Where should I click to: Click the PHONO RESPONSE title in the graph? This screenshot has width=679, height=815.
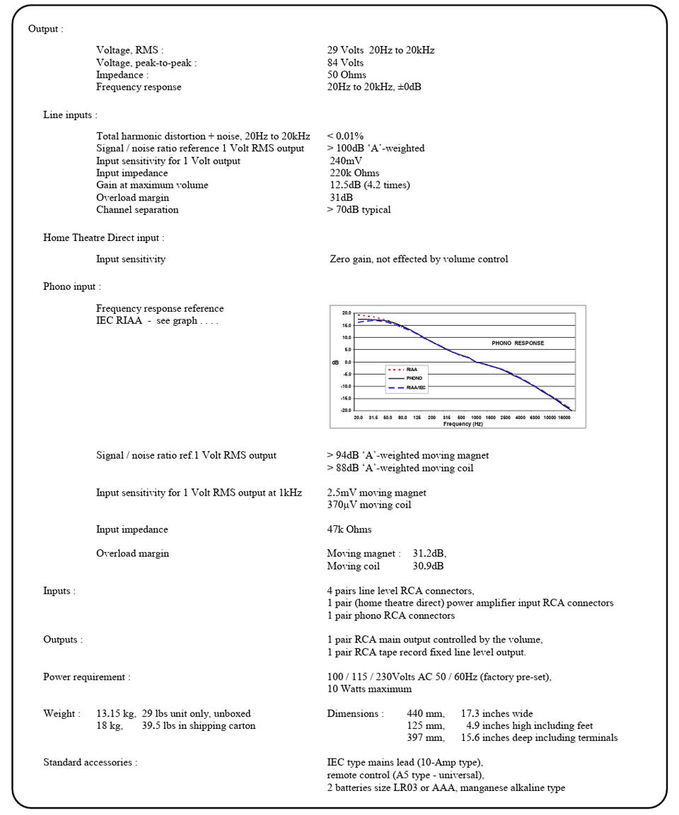pyautogui.click(x=518, y=343)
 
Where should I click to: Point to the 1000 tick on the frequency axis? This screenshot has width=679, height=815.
pyautogui.click(x=476, y=418)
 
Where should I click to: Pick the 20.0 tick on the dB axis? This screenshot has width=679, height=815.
pyautogui.click(x=347, y=312)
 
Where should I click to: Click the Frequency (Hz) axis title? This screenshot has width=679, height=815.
pyautogui.click(x=463, y=424)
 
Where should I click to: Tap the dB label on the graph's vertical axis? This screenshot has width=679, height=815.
pyautogui.click(x=336, y=362)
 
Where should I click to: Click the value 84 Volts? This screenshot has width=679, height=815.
pyautogui.click(x=345, y=63)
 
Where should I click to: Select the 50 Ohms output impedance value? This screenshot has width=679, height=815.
pyautogui.click(x=347, y=75)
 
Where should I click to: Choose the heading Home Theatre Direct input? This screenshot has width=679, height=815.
pyautogui.click(x=103, y=238)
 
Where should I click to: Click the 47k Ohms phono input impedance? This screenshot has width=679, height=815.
pyautogui.click(x=349, y=529)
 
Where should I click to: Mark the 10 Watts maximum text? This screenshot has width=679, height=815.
pyautogui.click(x=368, y=689)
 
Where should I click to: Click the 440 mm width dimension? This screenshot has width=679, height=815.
pyautogui.click(x=426, y=714)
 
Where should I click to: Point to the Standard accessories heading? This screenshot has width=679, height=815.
pyautogui.click(x=90, y=763)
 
